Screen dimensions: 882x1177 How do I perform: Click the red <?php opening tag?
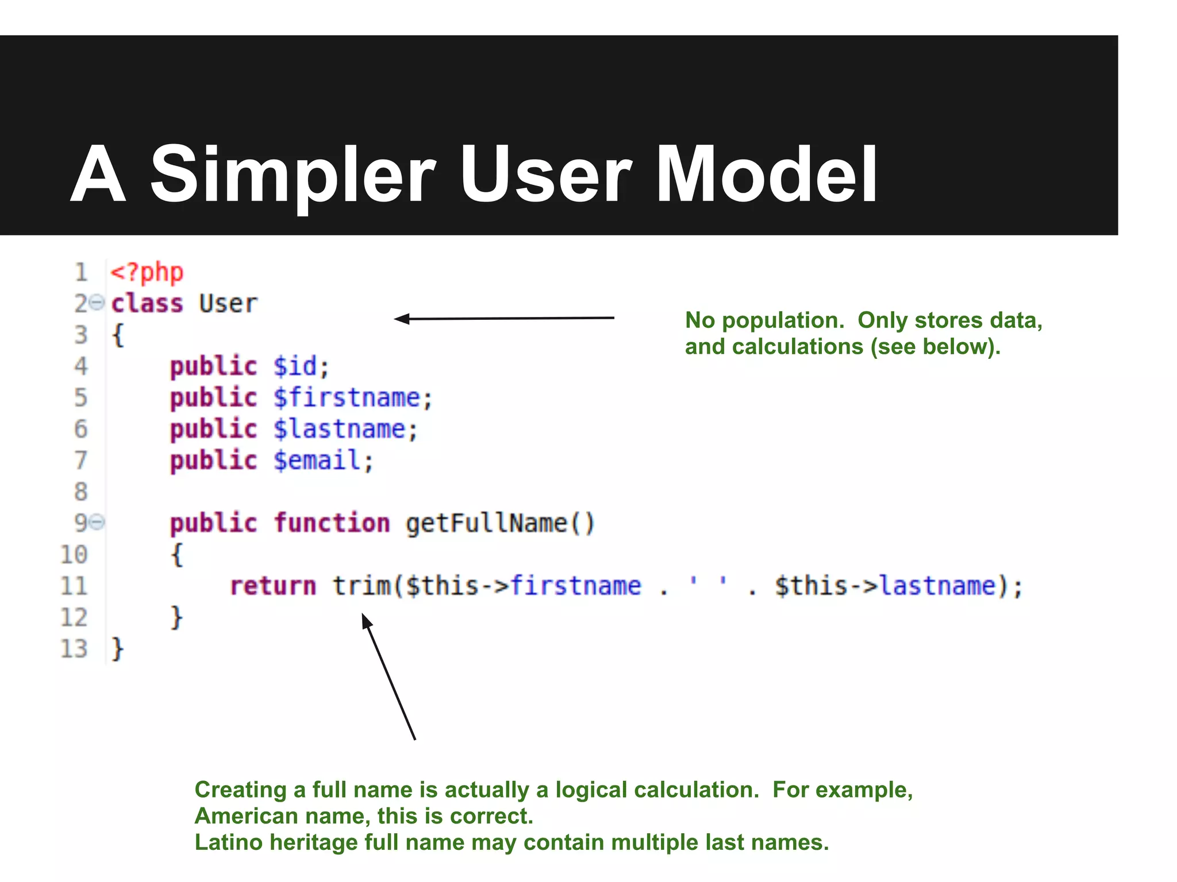[147, 272]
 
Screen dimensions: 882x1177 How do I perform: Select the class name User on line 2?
[228, 303]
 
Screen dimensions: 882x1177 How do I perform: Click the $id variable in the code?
[295, 366]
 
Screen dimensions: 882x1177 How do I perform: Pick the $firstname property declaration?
[347, 398]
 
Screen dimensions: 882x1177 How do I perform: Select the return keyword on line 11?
[273, 586]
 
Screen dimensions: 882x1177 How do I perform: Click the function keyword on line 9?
[332, 523]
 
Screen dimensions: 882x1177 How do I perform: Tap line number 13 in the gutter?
[74, 649]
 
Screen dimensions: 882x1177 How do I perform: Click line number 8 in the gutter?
[80, 492]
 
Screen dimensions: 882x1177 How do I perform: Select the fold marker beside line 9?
[98, 522]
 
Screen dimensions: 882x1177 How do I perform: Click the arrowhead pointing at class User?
[401, 319]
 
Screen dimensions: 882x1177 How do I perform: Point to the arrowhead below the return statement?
[366, 620]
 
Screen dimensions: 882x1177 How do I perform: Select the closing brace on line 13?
[117, 649]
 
